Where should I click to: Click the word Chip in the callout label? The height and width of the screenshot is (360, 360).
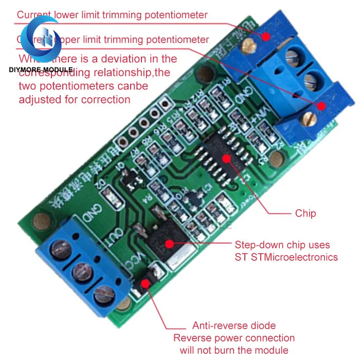[305, 213]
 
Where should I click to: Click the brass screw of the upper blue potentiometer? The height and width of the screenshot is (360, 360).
[250, 46]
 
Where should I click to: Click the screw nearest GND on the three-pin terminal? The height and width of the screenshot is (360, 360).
[57, 250]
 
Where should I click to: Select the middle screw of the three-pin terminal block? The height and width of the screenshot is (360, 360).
[78, 272]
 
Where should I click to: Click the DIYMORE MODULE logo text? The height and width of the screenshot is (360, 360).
[40, 69]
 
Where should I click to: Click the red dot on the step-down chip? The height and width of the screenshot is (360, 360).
[170, 243]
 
